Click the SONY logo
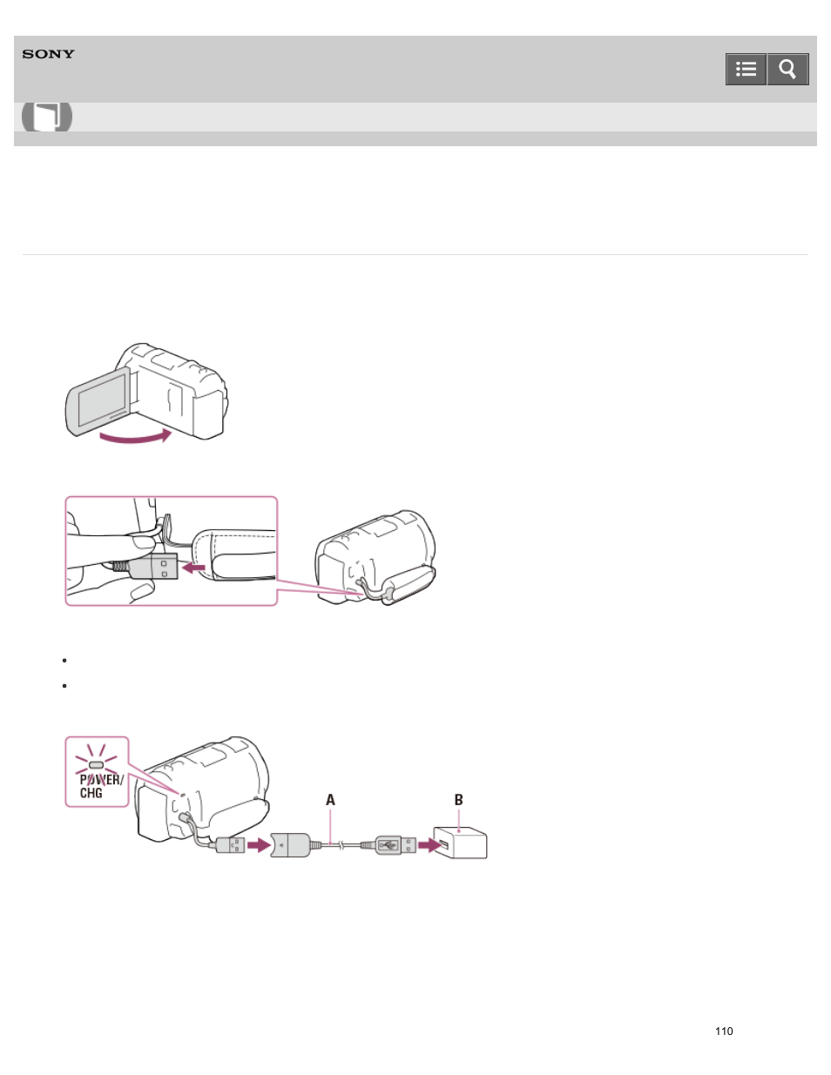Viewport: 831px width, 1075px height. pyautogui.click(x=49, y=54)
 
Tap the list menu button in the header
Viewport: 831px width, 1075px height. pyautogui.click(x=746, y=70)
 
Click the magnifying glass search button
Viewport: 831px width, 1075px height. pyautogui.click(x=787, y=70)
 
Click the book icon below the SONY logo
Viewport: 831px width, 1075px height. pyautogui.click(x=47, y=117)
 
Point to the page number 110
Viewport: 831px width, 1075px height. pyautogui.click(x=724, y=1031)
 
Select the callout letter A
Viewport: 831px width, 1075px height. pyautogui.click(x=330, y=800)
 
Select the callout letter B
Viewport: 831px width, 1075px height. pyautogui.click(x=458, y=800)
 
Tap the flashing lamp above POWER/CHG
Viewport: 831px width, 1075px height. pyautogui.click(x=97, y=763)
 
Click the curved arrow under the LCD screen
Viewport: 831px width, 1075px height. pyautogui.click(x=135, y=434)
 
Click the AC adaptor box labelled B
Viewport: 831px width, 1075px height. pyautogui.click(x=461, y=843)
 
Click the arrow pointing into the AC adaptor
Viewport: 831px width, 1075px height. pyautogui.click(x=428, y=845)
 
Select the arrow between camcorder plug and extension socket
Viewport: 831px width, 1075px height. pyautogui.click(x=259, y=845)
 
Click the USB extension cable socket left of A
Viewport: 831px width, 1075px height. pyautogui.click(x=290, y=844)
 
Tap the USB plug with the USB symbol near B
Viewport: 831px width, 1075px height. pyautogui.click(x=395, y=844)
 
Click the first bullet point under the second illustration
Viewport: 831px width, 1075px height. pyautogui.click(x=64, y=661)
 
